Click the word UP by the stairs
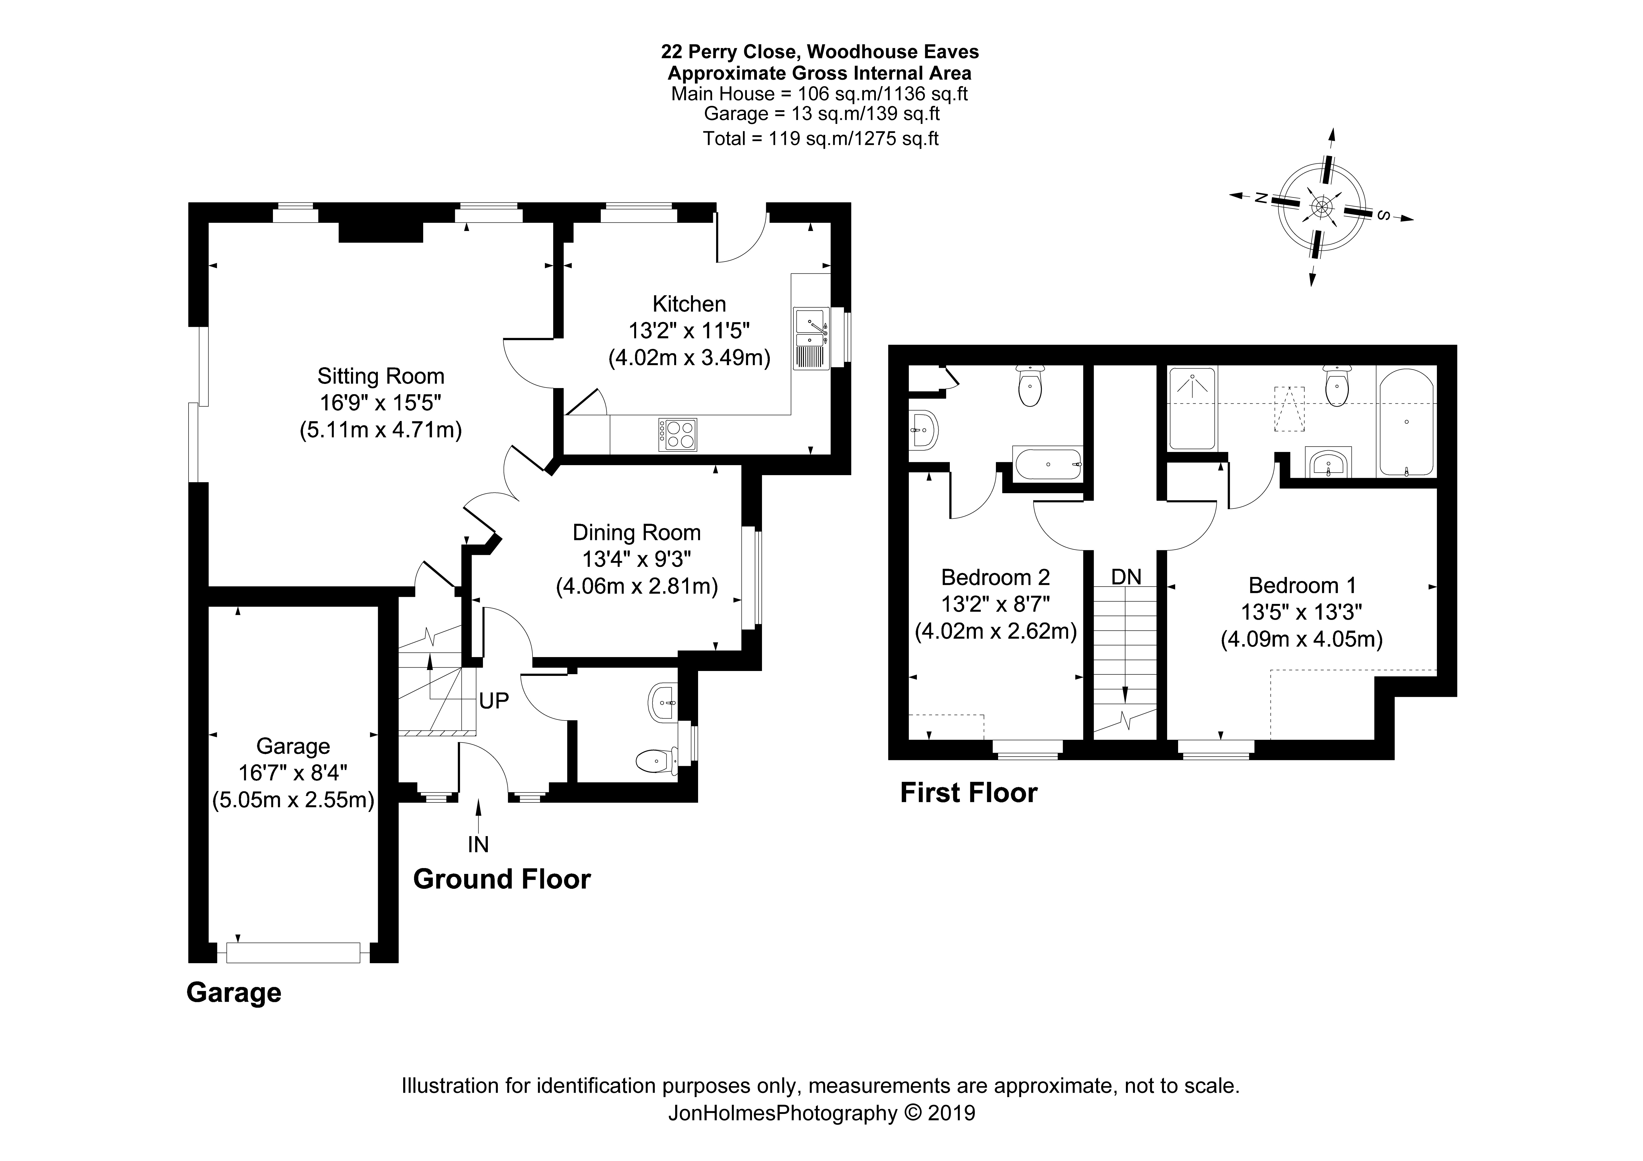coord(494,701)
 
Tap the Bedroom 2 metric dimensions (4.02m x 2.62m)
coord(995,631)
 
